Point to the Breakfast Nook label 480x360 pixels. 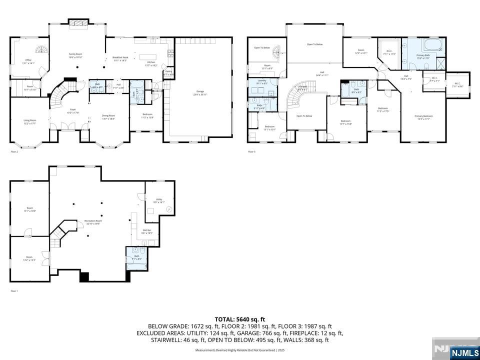click(120, 58)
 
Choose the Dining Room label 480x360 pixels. click(108, 117)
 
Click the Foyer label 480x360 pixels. click(73, 111)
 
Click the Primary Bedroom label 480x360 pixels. click(423, 117)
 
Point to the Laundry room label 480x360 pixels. click(261, 81)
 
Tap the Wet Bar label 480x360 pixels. click(147, 231)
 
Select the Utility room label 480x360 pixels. click(159, 200)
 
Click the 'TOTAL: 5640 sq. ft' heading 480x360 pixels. click(240, 319)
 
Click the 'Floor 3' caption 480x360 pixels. click(251, 151)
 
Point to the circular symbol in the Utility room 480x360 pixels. click(169, 208)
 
